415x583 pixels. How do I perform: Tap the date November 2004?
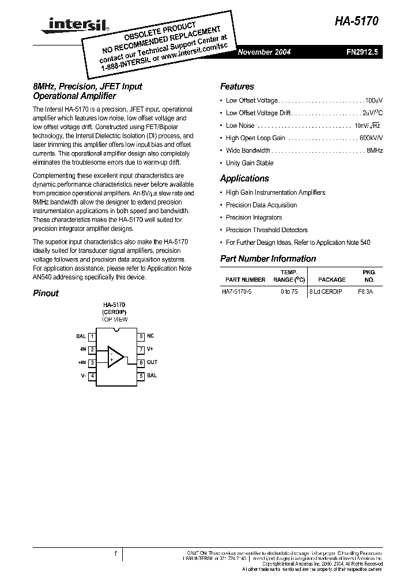[x=265, y=52]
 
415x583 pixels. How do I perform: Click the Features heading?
[x=237, y=87]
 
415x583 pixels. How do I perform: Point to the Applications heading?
[x=244, y=179]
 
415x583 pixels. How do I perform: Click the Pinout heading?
[x=46, y=293]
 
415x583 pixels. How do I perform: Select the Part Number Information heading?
[x=268, y=259]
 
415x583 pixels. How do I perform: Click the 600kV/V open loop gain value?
[x=371, y=138]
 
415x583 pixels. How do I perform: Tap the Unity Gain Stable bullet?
[x=250, y=163]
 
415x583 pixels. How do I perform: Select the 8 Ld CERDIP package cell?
[x=326, y=291]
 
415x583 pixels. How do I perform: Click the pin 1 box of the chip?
[x=92, y=336]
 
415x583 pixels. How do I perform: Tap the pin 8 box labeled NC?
[x=140, y=336]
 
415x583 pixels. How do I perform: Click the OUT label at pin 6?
[x=152, y=362]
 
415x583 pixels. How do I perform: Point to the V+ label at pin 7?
[x=150, y=349]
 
